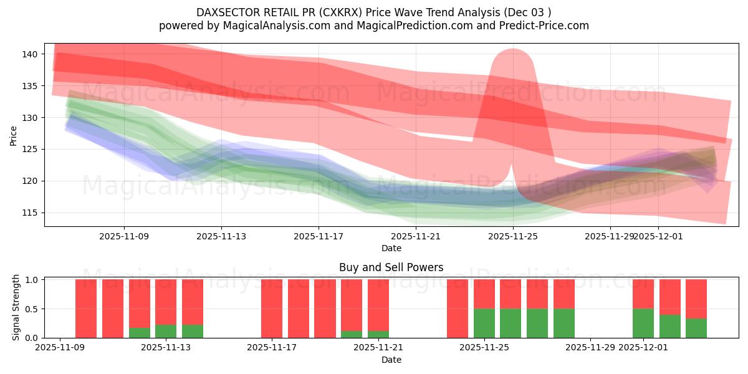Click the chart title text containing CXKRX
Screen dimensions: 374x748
tap(373, 12)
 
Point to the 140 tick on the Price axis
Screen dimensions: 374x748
tap(31, 54)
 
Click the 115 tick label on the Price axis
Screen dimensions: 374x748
tap(31, 213)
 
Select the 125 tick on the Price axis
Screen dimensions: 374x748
tap(31, 149)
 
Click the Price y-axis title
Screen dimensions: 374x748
tap(14, 135)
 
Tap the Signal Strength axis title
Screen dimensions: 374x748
tap(16, 307)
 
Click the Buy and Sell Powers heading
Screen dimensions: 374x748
tap(391, 267)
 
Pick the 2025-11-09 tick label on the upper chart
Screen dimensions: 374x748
tap(123, 236)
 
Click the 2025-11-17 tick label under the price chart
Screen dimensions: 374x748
tap(319, 236)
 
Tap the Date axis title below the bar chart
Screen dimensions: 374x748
tap(391, 360)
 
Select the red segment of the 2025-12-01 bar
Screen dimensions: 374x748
tap(643, 294)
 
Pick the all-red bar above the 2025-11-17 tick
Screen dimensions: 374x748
tap(272, 309)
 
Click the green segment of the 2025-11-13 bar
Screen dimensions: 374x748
tap(166, 331)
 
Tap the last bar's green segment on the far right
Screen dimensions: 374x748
tap(696, 328)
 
